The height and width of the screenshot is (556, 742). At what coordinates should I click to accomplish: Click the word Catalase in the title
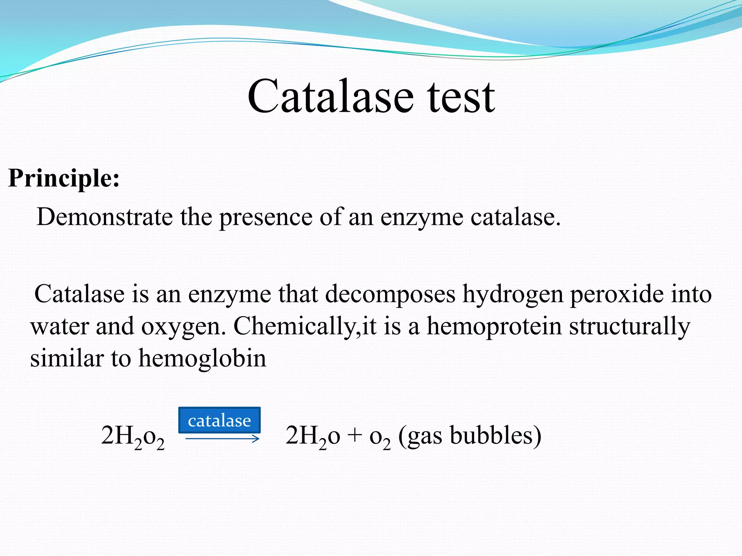[330, 97]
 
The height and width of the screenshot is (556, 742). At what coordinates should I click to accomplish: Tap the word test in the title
[461, 97]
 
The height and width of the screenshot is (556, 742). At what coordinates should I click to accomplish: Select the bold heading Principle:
[64, 178]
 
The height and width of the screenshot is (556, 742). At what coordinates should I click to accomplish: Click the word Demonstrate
[105, 217]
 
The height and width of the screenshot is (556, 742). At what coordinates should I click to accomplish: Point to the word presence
[266, 218]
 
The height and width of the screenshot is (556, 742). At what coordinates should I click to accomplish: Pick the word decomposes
[390, 295]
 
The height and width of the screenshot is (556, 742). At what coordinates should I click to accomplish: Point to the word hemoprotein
[494, 327]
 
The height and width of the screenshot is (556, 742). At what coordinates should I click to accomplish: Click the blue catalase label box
[219, 420]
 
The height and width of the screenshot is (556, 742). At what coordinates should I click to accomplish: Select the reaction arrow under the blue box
[222, 439]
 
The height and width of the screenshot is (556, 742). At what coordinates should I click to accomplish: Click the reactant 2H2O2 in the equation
[133, 437]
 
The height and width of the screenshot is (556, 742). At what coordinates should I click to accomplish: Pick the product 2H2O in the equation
[313, 437]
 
